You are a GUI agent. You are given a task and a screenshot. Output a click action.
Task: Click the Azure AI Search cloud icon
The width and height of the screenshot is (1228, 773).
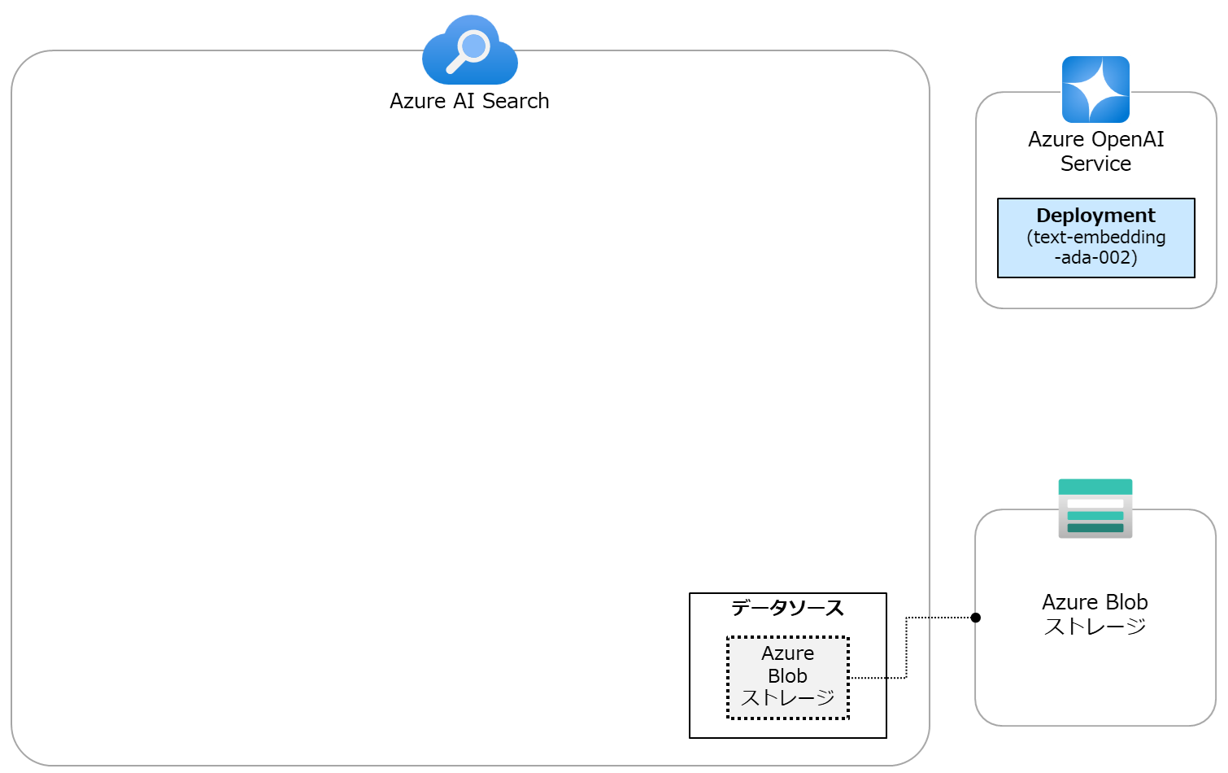click(x=470, y=50)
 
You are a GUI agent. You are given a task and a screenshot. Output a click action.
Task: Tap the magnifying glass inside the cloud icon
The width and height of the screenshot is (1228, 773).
click(x=470, y=48)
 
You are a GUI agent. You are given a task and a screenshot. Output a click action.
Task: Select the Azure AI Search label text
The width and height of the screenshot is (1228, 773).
click(x=469, y=101)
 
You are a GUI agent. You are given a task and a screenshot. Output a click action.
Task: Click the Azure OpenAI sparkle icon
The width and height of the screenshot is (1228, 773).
click(x=1095, y=89)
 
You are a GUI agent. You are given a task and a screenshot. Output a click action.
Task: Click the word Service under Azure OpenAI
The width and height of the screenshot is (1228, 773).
click(x=1095, y=164)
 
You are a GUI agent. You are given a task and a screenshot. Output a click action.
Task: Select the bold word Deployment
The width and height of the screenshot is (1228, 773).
click(x=1095, y=216)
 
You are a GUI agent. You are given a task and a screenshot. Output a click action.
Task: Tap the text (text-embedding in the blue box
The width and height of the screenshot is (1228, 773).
click(x=1095, y=237)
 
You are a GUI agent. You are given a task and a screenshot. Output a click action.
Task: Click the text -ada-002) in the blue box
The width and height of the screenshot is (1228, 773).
click(x=1095, y=258)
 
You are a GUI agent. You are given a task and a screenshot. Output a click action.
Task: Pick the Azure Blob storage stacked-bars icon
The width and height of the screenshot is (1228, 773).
click(x=1095, y=509)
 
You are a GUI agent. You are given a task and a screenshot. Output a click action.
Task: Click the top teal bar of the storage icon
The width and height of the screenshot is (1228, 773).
click(x=1095, y=487)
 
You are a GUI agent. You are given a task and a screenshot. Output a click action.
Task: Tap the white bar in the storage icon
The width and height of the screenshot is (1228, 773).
click(x=1095, y=504)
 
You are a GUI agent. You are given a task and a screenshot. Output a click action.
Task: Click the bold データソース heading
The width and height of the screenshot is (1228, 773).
click(x=787, y=608)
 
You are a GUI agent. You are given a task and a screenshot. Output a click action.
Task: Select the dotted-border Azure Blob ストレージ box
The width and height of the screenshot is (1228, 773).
click(x=787, y=677)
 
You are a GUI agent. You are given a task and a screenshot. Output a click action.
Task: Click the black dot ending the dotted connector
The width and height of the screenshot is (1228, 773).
click(x=975, y=618)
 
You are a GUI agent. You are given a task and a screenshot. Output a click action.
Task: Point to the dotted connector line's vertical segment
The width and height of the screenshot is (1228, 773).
click(x=906, y=648)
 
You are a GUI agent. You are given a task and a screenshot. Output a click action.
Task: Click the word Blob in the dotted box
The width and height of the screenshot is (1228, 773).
click(x=787, y=676)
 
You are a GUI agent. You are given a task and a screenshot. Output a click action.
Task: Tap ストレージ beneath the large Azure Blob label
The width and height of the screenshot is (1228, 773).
click(x=1095, y=627)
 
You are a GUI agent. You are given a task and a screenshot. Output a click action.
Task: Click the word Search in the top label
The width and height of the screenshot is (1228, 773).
click(x=516, y=101)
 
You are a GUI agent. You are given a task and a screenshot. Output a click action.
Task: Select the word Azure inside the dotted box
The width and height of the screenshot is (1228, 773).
click(x=787, y=653)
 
